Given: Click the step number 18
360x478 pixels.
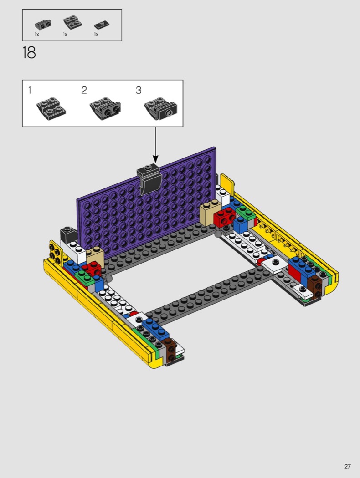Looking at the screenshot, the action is coord(29,53).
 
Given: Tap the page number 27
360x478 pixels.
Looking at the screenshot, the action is coord(347,467).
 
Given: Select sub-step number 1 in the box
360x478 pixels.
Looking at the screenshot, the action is coord(30,90).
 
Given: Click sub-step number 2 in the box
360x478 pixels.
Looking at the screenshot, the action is coord(84,90).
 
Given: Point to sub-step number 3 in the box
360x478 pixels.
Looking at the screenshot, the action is coord(139,90).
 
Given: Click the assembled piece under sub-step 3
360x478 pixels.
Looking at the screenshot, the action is coord(160,109).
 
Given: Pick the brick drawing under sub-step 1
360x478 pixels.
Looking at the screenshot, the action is coord(51,109).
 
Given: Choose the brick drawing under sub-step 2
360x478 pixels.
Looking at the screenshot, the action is coord(105,109).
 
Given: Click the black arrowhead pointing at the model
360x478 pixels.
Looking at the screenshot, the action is coord(155,159).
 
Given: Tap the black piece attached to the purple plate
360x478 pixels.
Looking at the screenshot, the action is coord(149,179).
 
